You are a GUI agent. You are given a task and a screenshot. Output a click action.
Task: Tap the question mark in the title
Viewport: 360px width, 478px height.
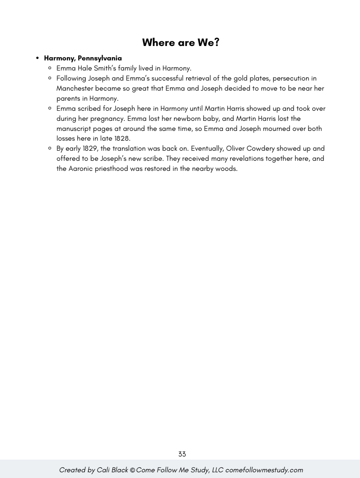[217, 43]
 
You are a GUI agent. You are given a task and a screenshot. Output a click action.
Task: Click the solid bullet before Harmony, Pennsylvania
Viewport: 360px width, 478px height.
[38, 58]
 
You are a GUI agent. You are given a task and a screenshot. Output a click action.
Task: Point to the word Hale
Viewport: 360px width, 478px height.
[84, 68]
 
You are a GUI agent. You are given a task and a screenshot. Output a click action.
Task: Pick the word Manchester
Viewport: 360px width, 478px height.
[75, 88]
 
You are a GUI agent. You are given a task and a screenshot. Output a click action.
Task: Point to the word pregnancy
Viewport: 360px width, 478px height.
[107, 118]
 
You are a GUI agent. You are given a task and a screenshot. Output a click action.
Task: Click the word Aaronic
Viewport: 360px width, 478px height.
[81, 169]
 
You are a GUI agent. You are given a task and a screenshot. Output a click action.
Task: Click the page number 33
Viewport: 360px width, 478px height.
[182, 454]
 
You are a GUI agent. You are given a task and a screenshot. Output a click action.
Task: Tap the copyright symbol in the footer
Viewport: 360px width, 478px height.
[132, 470]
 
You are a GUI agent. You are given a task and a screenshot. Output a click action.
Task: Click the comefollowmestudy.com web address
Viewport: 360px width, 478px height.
[264, 470]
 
